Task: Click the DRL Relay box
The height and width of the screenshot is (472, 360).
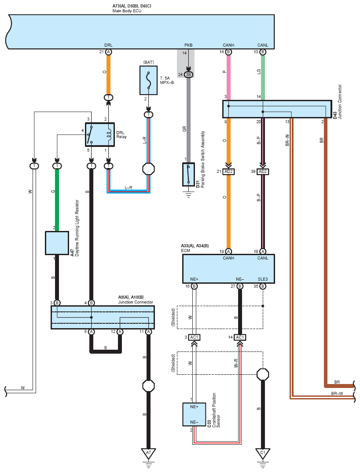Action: click(x=100, y=135)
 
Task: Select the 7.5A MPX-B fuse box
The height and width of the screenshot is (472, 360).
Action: click(x=148, y=80)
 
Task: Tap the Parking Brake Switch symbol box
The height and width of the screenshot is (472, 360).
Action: click(x=188, y=174)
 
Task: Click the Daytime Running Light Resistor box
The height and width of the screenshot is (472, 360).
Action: click(x=57, y=243)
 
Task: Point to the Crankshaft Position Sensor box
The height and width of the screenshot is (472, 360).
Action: click(x=195, y=414)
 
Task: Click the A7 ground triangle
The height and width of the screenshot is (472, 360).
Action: click(x=148, y=453)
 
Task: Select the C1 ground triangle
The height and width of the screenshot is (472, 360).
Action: click(x=263, y=453)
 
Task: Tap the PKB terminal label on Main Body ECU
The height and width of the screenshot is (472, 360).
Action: click(x=188, y=45)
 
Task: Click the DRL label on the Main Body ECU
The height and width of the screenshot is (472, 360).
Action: click(x=108, y=45)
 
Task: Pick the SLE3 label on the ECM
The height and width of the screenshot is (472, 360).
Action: click(x=263, y=279)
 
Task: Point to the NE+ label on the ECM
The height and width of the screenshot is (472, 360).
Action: click(x=195, y=279)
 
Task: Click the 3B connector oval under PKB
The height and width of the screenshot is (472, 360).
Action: click(x=188, y=75)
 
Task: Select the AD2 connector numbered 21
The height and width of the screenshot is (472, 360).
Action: click(x=229, y=172)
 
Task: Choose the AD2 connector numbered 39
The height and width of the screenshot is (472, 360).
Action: click(x=263, y=172)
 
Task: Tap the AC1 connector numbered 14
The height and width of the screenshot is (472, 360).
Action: click(x=240, y=337)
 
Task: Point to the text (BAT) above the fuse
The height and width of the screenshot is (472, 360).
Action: click(x=148, y=62)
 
